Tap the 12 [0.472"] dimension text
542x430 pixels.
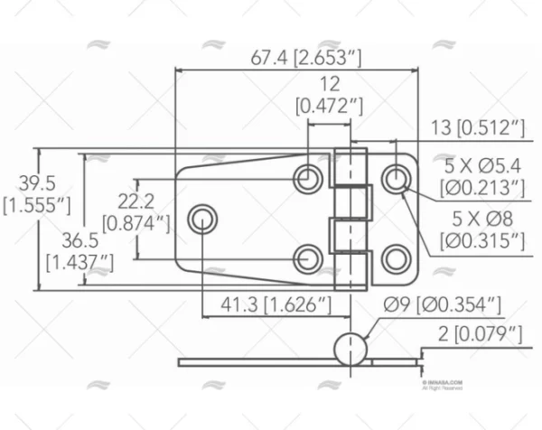(x=330, y=95)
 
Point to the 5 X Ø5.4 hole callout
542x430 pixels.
(x=483, y=177)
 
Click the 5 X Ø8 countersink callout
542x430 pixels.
(x=482, y=229)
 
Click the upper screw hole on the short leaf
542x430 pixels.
(x=395, y=178)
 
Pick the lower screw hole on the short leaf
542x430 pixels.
(x=395, y=258)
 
